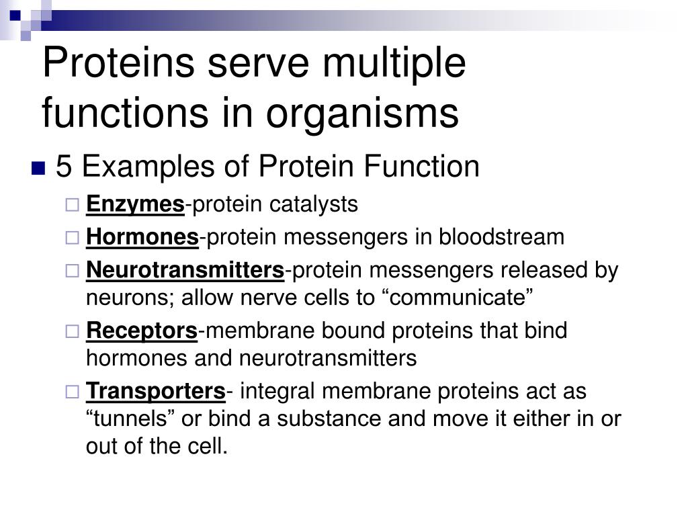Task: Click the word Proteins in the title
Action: point(118,65)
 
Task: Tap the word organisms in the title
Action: point(363,113)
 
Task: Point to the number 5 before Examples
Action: point(64,167)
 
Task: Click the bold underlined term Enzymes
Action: point(135,204)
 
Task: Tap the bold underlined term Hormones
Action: point(142,237)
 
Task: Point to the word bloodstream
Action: point(502,237)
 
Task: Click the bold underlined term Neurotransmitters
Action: point(185,270)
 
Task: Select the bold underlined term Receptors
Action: point(142,331)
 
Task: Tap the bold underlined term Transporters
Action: point(156,391)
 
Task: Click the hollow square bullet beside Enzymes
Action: point(73,205)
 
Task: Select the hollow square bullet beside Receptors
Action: point(73,331)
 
